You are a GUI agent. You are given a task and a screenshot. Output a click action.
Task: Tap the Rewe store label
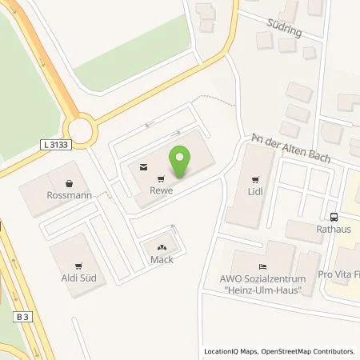coord(162,191)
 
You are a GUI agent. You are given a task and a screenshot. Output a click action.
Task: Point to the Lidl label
coord(255,192)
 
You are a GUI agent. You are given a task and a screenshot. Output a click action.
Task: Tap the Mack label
coord(162,260)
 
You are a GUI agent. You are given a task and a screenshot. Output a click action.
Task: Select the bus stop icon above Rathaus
coord(333,216)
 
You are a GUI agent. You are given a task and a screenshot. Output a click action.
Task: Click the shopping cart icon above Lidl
coord(255,179)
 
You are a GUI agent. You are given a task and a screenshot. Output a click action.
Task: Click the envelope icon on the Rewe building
coord(142,167)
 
